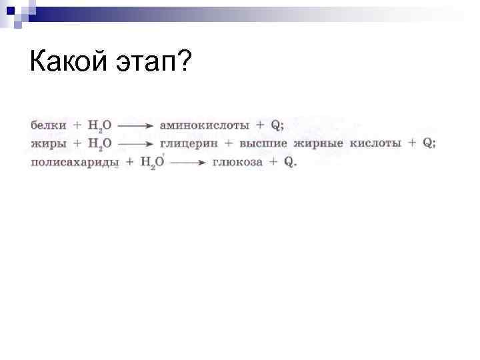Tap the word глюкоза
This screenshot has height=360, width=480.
(238, 162)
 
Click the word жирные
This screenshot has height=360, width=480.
(319, 143)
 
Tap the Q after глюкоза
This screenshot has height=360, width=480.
(289, 162)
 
